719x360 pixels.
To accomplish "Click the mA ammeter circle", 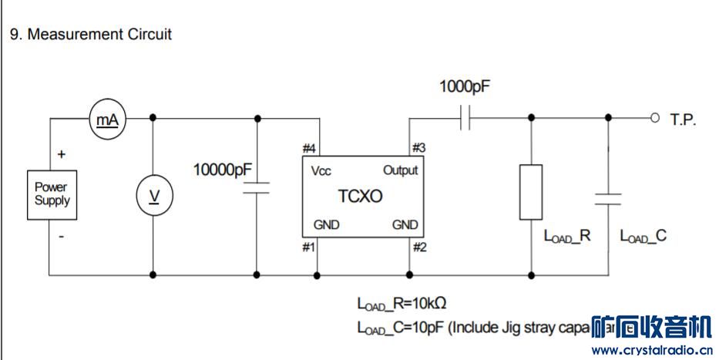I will click(x=107, y=119).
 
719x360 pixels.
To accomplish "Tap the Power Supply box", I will click(x=52, y=193).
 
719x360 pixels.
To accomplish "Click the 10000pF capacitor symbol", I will click(x=256, y=187).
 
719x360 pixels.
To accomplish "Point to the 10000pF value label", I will click(x=223, y=169).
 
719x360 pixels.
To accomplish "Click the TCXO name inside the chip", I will click(x=360, y=196).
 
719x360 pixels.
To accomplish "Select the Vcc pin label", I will click(x=321, y=170).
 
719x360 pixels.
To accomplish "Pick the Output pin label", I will click(x=400, y=170).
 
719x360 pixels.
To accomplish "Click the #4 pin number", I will click(x=309, y=149).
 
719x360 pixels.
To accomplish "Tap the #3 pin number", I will click(x=418, y=147).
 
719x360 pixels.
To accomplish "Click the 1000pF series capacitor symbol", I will click(x=465, y=118).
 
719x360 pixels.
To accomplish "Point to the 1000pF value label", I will click(x=464, y=86).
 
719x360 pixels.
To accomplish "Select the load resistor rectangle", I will click(x=531, y=191).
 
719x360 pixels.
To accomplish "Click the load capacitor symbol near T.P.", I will click(x=608, y=199).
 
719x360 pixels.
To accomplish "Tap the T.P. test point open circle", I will click(x=655, y=118).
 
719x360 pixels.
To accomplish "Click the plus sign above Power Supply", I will click(x=62, y=154).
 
